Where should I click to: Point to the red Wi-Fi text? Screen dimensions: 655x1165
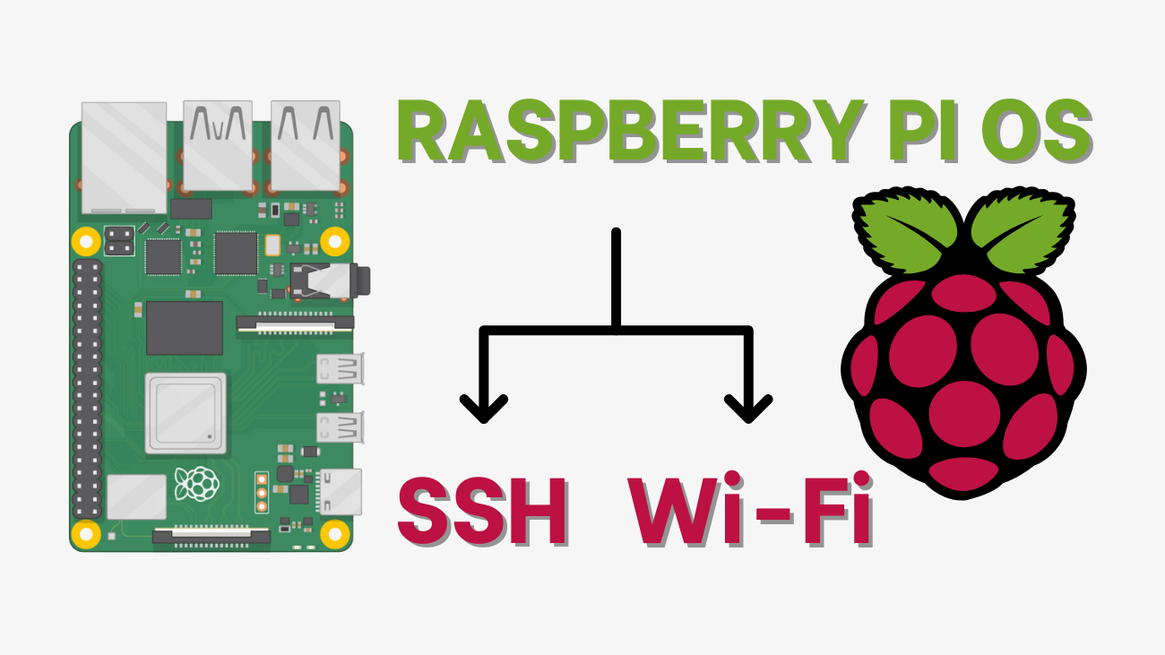750,513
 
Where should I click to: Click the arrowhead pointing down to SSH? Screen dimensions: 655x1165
484,409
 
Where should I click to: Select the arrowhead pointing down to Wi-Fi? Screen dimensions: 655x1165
748,409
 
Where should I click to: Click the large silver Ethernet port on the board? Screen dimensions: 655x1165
124,158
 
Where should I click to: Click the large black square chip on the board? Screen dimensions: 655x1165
185,328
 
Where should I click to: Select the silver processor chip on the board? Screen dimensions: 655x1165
185,411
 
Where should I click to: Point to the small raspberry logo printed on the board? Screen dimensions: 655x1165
197,484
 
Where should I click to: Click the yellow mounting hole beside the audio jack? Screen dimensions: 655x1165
334,240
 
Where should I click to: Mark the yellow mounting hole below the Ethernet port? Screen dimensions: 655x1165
86,240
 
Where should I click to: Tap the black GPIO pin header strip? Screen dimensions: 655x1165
87,390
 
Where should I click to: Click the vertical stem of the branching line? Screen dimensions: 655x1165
616,278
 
